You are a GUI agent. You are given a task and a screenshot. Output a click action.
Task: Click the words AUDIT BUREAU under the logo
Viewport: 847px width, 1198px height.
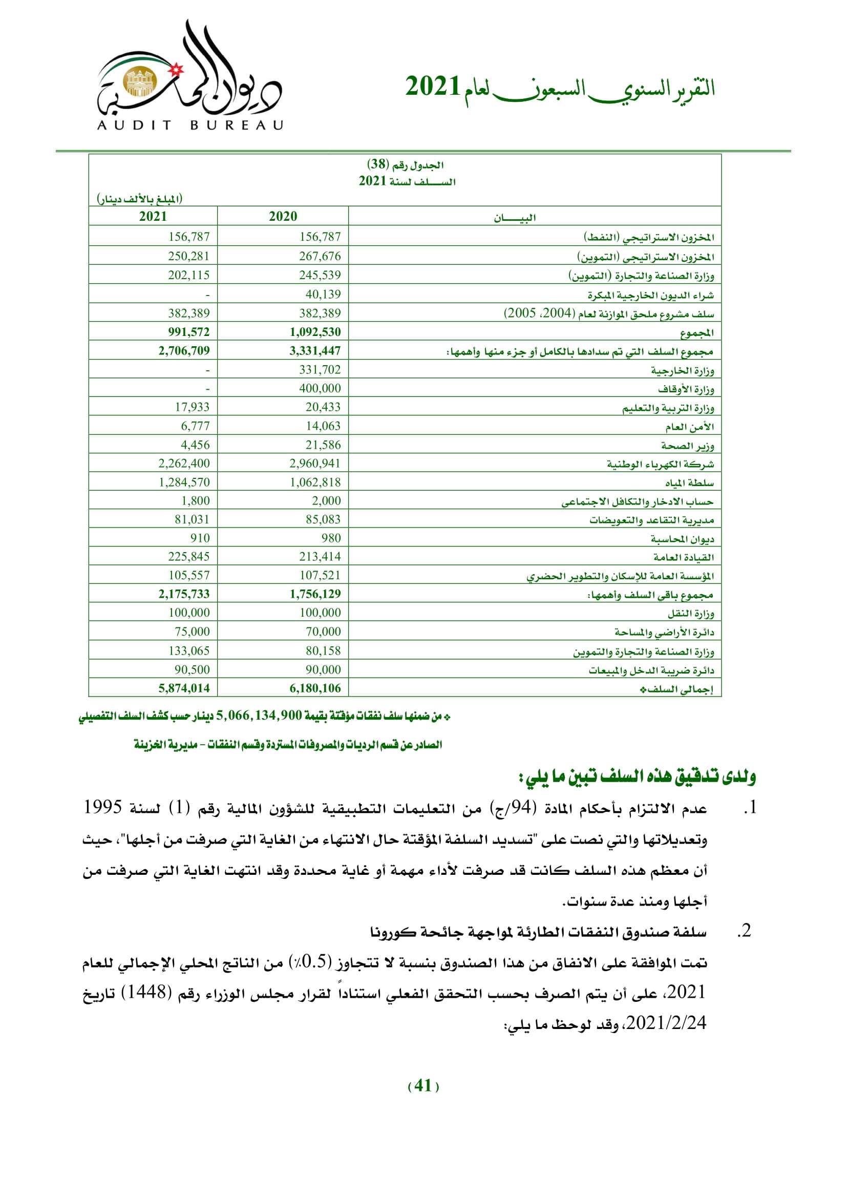190,125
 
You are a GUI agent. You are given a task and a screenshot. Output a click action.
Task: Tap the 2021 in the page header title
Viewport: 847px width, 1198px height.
432,87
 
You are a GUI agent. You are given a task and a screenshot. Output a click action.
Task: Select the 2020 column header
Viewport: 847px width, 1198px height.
283,217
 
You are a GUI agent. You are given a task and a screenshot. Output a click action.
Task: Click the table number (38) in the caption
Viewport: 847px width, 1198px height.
377,164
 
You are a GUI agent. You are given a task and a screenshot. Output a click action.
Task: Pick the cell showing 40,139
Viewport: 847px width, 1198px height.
323,295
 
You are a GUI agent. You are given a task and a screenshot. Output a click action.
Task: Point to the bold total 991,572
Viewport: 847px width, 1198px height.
188,332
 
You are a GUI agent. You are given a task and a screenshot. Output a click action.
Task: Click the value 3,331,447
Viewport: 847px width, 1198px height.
315,351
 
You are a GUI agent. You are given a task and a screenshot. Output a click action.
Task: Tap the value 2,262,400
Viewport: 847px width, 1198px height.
184,464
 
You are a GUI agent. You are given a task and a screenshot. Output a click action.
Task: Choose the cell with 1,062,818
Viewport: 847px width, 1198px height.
315,482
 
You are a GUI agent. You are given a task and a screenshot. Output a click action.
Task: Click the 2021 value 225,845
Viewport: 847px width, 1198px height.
188,557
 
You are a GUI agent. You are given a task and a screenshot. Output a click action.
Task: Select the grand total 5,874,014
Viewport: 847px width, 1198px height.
184,688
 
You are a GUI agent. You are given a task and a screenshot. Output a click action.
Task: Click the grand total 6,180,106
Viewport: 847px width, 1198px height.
315,688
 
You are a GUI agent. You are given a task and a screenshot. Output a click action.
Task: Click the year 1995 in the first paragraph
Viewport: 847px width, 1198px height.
103,807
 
